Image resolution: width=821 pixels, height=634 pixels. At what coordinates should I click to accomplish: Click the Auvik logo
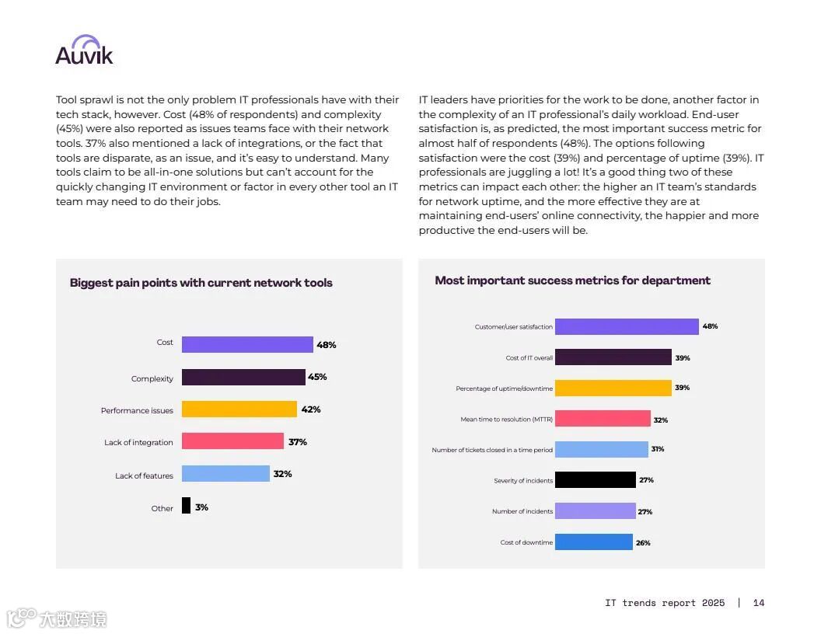84,51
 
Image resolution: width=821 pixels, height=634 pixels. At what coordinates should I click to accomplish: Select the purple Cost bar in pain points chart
247,344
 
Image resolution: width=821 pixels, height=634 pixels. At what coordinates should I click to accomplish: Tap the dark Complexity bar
243,377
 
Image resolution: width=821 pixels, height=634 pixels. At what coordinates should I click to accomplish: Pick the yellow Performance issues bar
239,409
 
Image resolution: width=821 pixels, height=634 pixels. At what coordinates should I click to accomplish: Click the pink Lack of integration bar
232,441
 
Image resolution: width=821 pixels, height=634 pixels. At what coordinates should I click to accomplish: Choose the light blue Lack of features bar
225,473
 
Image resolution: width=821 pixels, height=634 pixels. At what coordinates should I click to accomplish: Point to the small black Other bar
186,506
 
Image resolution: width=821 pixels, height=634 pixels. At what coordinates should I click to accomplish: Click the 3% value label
201,507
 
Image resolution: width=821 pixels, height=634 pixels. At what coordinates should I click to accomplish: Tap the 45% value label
317,377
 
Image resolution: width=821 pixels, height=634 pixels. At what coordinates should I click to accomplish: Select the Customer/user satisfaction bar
627,326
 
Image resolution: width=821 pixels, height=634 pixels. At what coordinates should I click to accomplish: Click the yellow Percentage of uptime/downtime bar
613,388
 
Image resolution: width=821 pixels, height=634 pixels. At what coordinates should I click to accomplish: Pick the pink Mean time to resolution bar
603,419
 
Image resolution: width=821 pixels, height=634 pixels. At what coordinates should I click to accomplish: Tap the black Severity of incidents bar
595,480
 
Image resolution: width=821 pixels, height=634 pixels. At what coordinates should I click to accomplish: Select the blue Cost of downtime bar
593,542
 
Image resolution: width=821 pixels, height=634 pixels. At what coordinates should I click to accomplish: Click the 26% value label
643,543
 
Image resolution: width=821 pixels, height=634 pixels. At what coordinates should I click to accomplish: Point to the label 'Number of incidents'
522,511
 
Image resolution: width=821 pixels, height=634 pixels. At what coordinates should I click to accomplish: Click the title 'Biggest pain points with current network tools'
201,283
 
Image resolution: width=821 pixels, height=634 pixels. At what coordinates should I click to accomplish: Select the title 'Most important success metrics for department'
572,280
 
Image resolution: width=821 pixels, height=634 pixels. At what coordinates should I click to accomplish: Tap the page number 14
758,603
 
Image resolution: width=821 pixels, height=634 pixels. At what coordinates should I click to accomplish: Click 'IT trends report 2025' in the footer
665,603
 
